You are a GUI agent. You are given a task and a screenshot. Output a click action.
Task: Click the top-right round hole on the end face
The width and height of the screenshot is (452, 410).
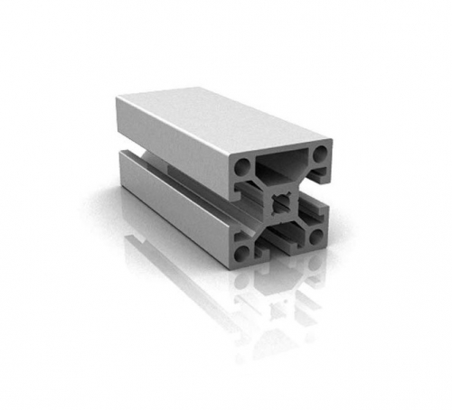pos(318,155)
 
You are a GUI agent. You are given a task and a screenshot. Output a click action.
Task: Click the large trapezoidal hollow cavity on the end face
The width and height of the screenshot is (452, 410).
pos(282,164)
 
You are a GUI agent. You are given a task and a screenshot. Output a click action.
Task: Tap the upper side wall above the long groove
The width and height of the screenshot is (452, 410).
pos(172,135)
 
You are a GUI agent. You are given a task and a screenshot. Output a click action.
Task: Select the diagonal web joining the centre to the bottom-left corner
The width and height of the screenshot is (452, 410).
pos(262,223)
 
